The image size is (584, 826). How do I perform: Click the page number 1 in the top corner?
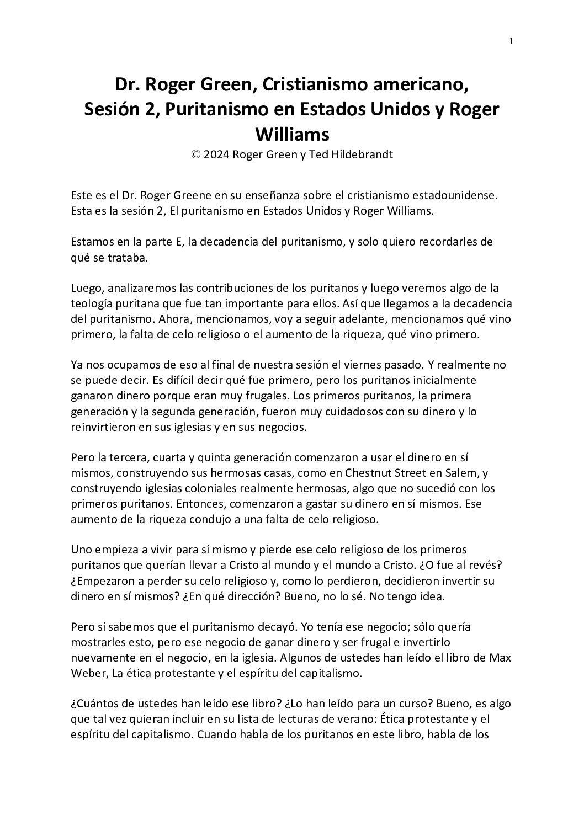[512, 41]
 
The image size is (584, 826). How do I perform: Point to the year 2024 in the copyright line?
[217, 155]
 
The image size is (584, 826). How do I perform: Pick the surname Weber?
[88, 674]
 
